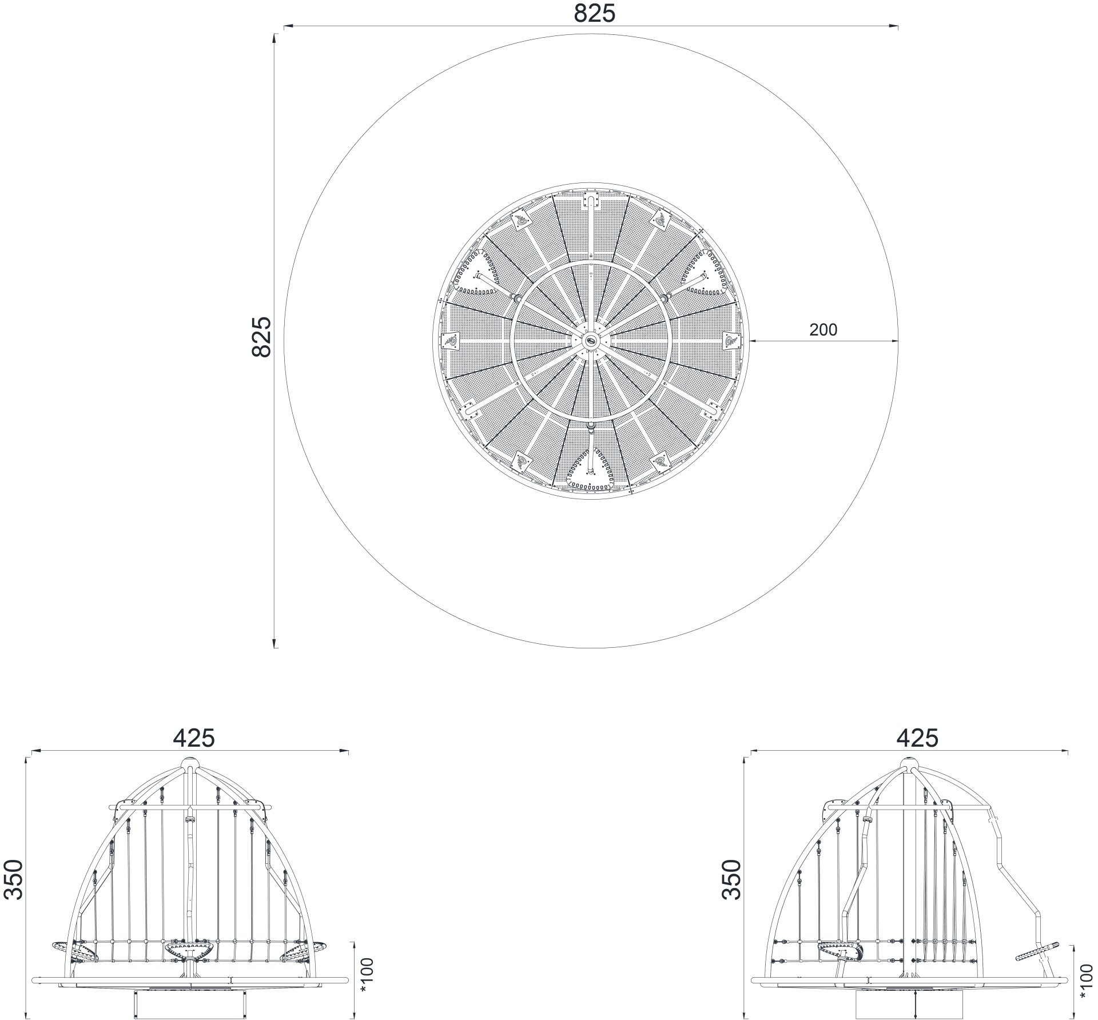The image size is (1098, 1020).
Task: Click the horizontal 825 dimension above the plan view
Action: pyautogui.click(x=595, y=14)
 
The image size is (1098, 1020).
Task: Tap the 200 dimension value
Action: pyautogui.click(x=823, y=330)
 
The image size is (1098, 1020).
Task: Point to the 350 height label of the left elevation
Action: pyautogui.click(x=13, y=880)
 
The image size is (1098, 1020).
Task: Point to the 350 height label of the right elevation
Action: pyautogui.click(x=732, y=880)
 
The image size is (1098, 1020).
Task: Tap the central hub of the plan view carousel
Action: pyautogui.click(x=591, y=341)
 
